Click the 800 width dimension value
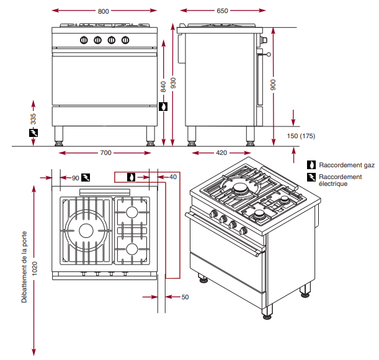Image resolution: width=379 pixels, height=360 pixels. pos(103,11)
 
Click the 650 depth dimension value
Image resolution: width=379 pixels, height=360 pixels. pos(222,11)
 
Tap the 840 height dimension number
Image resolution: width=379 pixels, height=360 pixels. pos(163,87)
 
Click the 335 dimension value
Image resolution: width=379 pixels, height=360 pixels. pos(33,117)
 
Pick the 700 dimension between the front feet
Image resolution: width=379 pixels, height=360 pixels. pos(105,152)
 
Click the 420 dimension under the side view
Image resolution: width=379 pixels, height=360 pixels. pos(221,152)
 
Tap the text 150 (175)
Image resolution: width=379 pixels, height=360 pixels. pos(301,136)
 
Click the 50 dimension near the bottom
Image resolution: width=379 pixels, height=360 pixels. pos(185,297)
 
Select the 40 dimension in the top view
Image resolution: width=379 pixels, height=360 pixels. pos(173,177)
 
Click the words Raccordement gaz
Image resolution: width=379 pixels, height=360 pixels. pos(347,165)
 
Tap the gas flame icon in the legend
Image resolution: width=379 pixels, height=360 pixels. pos(311,165)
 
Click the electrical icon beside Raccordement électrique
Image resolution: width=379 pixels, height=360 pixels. pos(311,178)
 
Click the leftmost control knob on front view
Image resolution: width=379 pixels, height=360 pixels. pos(82,40)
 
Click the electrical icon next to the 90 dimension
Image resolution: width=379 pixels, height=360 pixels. pos(86,177)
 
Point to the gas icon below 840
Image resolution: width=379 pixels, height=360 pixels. pos(163,107)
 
